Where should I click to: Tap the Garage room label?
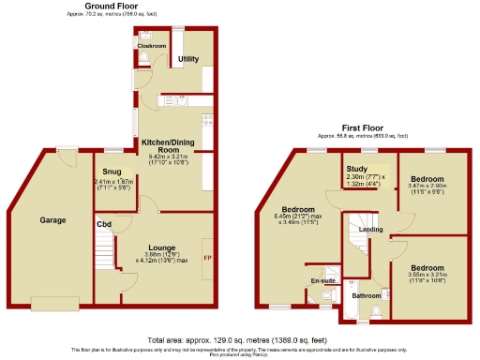pyautogui.click(x=52, y=220)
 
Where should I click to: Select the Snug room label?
pyautogui.click(x=112, y=172)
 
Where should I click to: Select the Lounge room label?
pyautogui.click(x=161, y=247)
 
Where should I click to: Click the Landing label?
pyautogui.click(x=369, y=229)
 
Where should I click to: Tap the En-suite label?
pyautogui.click(x=322, y=279)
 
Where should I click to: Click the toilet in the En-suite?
pyautogui.click(x=325, y=298)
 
